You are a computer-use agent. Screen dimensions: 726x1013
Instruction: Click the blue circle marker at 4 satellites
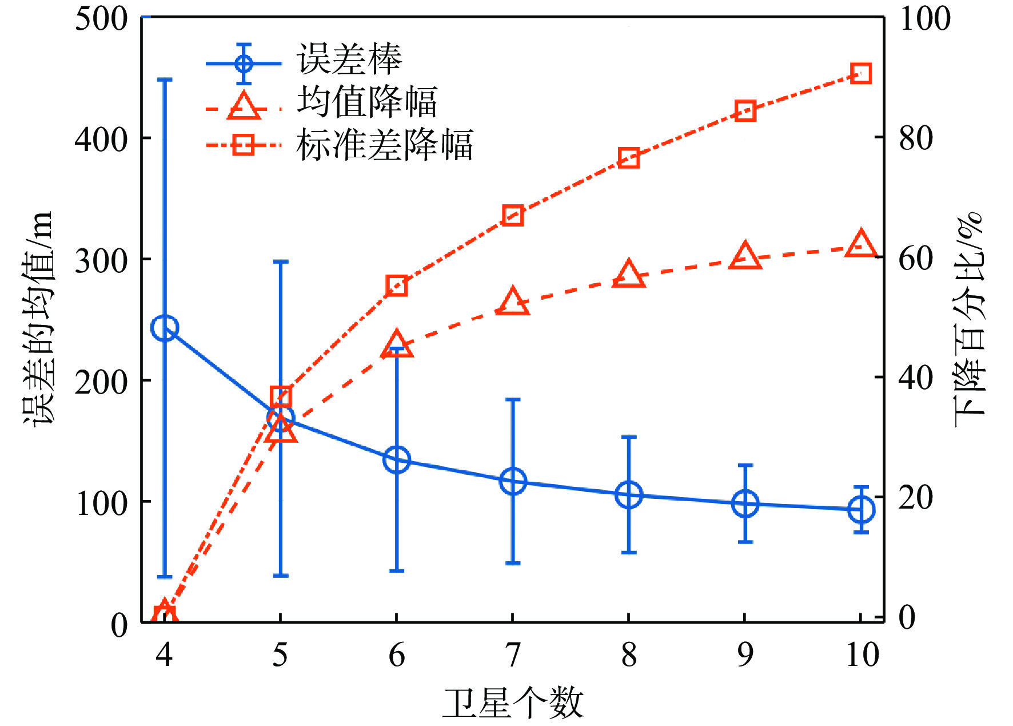tap(165, 328)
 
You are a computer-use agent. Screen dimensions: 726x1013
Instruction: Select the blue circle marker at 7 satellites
tap(513, 481)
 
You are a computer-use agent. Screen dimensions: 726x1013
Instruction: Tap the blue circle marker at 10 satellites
tap(861, 509)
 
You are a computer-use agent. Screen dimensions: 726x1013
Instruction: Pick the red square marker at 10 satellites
tap(861, 74)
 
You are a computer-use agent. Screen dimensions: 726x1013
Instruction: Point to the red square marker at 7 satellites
tap(513, 216)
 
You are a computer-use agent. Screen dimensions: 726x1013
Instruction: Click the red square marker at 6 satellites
tap(397, 285)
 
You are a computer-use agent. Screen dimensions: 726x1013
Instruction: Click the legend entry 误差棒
tap(349, 59)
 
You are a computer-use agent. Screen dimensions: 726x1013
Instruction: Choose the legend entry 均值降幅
tap(366, 102)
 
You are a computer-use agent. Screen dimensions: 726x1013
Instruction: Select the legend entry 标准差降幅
tap(384, 145)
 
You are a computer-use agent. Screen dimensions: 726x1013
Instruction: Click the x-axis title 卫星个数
tap(512, 703)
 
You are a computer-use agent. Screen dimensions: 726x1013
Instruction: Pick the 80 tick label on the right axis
tap(916, 138)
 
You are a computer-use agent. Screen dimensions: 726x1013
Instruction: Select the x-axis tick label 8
tap(629, 655)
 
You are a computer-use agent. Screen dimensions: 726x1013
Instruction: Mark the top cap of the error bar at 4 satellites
tap(165, 79)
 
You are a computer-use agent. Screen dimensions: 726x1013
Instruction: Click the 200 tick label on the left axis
tap(101, 381)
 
